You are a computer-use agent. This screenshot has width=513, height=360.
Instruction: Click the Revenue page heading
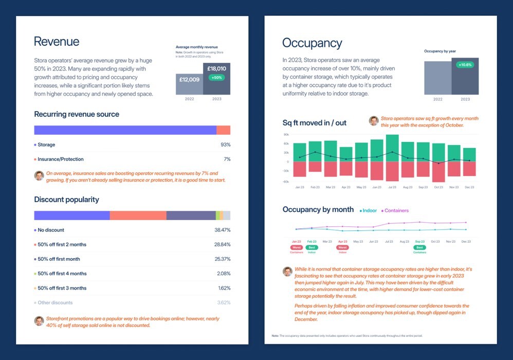(57, 42)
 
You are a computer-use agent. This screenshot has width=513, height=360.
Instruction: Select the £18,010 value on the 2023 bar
(216, 68)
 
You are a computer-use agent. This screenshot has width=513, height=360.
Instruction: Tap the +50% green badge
(216, 78)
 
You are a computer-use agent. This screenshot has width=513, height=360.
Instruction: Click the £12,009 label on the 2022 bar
(189, 80)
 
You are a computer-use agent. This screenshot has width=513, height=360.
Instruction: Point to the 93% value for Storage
(225, 145)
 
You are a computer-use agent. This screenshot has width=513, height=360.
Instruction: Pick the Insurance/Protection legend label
(61, 159)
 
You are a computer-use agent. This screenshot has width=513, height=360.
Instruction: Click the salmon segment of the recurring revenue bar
(223, 130)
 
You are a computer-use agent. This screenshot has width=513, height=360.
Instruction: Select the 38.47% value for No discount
(222, 230)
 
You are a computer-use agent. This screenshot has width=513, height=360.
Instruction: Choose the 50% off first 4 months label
(62, 274)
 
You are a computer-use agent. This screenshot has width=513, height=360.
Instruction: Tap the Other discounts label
(55, 302)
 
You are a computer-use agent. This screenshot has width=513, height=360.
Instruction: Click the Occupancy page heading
(312, 43)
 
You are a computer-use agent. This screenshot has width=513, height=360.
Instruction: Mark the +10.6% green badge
(465, 65)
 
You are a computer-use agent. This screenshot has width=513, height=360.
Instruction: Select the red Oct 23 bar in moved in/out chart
(438, 172)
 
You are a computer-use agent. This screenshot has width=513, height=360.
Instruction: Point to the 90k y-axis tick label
(286, 135)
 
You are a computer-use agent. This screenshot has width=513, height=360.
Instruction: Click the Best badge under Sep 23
(420, 247)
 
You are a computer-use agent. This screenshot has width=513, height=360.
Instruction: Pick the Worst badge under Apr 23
(342, 247)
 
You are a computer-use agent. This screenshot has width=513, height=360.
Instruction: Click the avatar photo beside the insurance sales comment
(39, 175)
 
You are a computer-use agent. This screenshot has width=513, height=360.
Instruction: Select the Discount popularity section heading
(66, 200)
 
